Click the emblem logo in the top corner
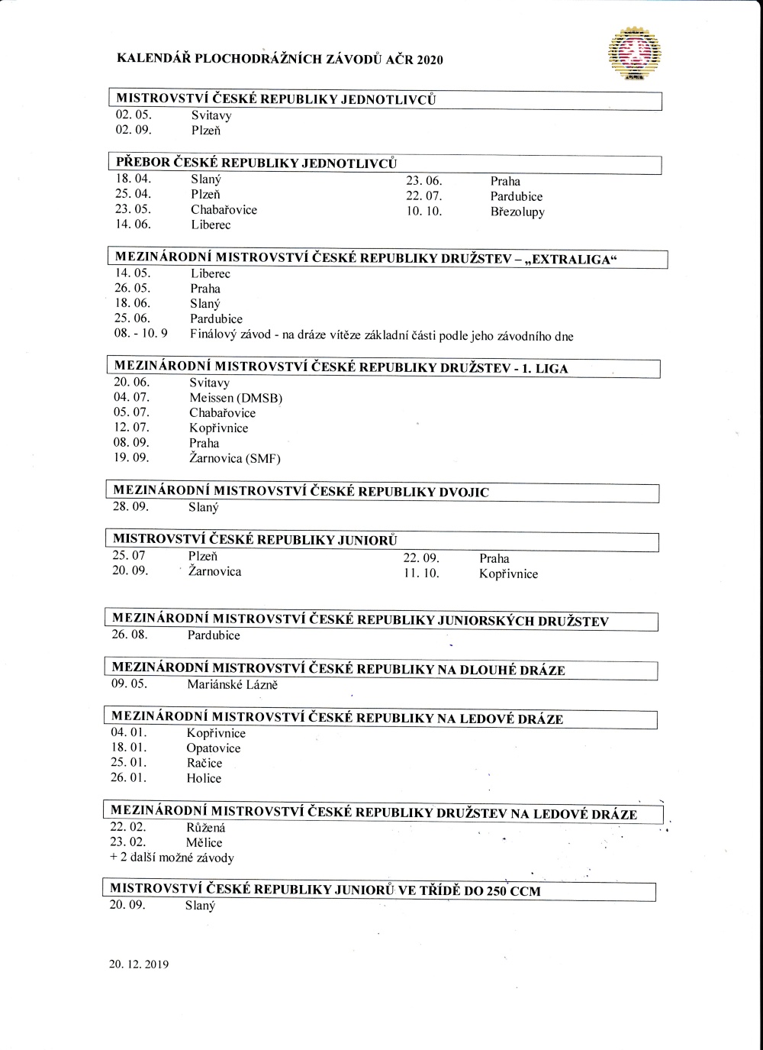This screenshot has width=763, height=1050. (634, 53)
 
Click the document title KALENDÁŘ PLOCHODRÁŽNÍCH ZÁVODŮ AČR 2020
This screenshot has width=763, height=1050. (279, 60)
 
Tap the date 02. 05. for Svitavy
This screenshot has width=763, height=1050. (134, 115)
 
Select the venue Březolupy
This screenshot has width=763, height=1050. (517, 212)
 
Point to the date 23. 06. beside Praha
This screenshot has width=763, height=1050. (424, 182)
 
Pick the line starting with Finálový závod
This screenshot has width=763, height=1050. (381, 335)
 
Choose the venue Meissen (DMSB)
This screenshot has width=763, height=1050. (236, 398)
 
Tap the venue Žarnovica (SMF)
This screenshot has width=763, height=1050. (235, 459)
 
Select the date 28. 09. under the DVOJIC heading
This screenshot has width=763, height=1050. (130, 507)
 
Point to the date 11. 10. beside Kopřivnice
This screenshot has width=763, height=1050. (422, 574)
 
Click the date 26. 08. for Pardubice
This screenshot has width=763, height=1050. (130, 635)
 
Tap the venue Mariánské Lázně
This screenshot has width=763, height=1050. (232, 685)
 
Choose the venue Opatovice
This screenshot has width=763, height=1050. (214, 748)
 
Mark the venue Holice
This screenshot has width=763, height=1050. (204, 779)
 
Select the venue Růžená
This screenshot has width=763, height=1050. (206, 828)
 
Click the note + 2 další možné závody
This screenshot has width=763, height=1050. (172, 858)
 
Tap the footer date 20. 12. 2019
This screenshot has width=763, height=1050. (139, 964)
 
